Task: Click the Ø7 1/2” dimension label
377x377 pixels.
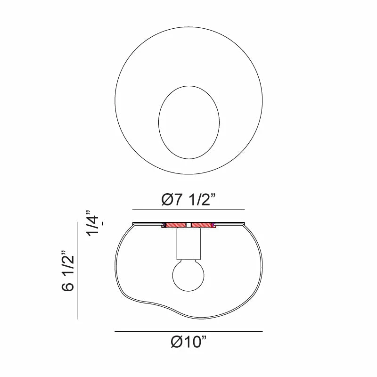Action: tap(188, 200)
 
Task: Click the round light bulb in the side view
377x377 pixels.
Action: tap(188, 275)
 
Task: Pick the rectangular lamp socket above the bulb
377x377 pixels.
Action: tap(188, 244)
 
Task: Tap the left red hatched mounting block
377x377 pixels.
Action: tap(176, 225)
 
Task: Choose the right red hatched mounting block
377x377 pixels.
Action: tap(201, 225)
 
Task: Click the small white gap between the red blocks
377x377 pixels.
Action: tap(189, 225)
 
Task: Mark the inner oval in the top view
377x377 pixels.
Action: tap(158, 123)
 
